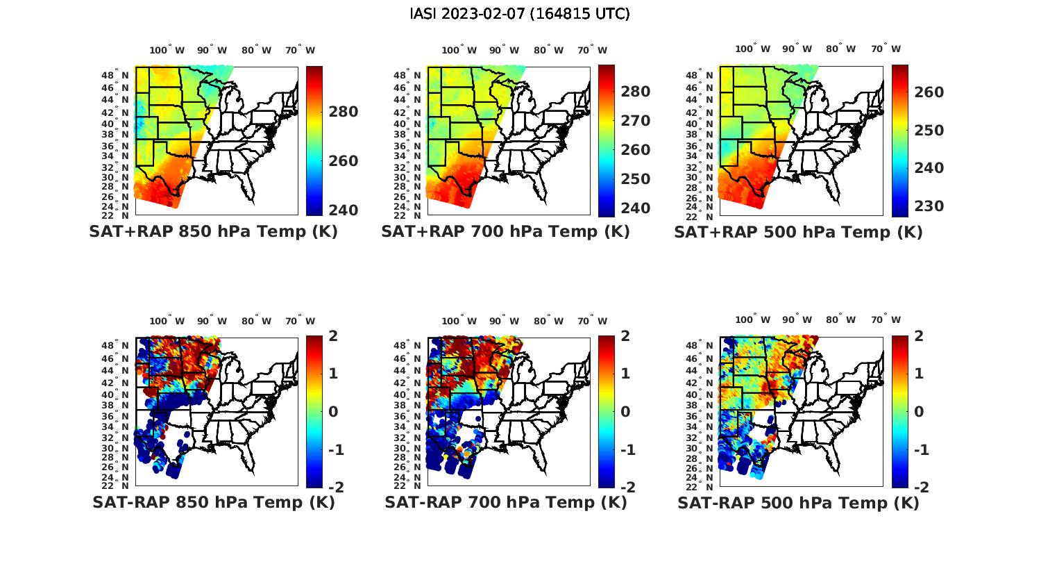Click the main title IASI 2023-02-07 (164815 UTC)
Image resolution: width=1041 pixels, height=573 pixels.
click(520, 14)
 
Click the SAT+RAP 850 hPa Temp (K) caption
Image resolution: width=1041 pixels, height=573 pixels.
click(213, 232)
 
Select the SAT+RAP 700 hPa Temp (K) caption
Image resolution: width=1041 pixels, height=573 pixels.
click(505, 232)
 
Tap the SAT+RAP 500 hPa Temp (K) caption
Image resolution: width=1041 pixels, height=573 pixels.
click(798, 233)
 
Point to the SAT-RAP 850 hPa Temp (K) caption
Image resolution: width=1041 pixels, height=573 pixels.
click(213, 503)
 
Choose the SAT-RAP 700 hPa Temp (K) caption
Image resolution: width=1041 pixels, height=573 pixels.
click(505, 503)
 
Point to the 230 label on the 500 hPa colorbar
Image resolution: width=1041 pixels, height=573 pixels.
click(927, 206)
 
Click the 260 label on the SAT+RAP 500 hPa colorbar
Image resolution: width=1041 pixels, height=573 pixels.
click(927, 92)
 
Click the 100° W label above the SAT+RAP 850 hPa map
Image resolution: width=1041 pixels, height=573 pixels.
click(167, 50)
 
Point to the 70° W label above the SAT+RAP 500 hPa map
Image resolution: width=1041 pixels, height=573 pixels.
click(886, 49)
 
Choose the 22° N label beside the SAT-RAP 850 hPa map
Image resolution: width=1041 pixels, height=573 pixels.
click(121, 485)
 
